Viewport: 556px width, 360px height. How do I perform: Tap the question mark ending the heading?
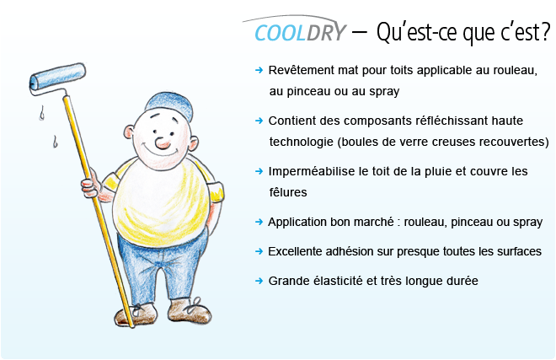(545, 31)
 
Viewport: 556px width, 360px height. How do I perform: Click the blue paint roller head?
(57, 77)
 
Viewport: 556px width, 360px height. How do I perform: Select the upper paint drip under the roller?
(42, 113)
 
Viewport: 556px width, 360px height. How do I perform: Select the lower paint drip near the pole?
(55, 142)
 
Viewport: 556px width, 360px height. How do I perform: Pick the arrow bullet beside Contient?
(259, 121)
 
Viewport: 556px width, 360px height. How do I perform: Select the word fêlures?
(288, 192)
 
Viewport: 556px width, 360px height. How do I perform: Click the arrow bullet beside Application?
(259, 222)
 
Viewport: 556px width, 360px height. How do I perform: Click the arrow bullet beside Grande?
(259, 281)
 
